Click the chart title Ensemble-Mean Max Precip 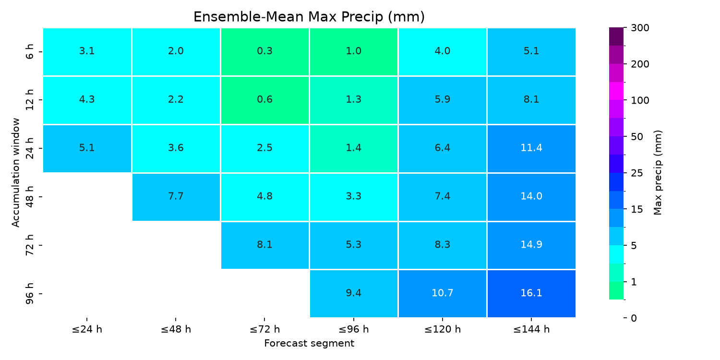tap(309, 17)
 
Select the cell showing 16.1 tap(531, 293)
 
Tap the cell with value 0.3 tap(264, 51)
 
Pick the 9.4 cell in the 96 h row tap(354, 293)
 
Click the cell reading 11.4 tap(531, 148)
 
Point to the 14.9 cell tap(531, 245)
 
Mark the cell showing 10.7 tap(442, 293)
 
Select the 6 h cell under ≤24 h tap(87, 51)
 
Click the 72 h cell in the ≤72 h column tap(264, 245)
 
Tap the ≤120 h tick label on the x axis tap(442, 329)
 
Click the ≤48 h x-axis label tap(176, 329)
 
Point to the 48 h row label tap(29, 197)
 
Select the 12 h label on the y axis tap(29, 100)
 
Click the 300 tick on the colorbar tap(640, 28)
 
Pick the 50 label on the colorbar tap(637, 137)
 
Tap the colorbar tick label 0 tap(634, 318)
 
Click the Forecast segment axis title tap(309, 344)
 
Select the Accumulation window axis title tap(16, 173)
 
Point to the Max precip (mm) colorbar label tap(658, 173)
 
